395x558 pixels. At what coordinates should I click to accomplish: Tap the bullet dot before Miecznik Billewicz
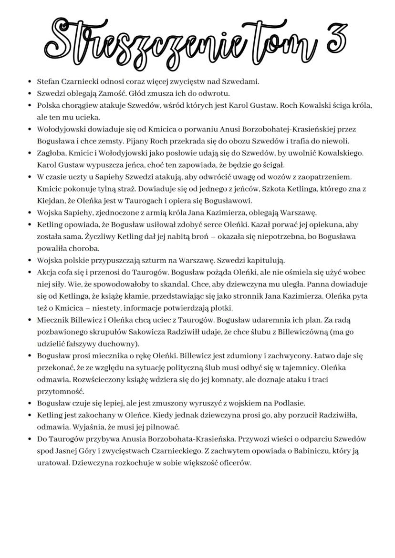click(x=30, y=320)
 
